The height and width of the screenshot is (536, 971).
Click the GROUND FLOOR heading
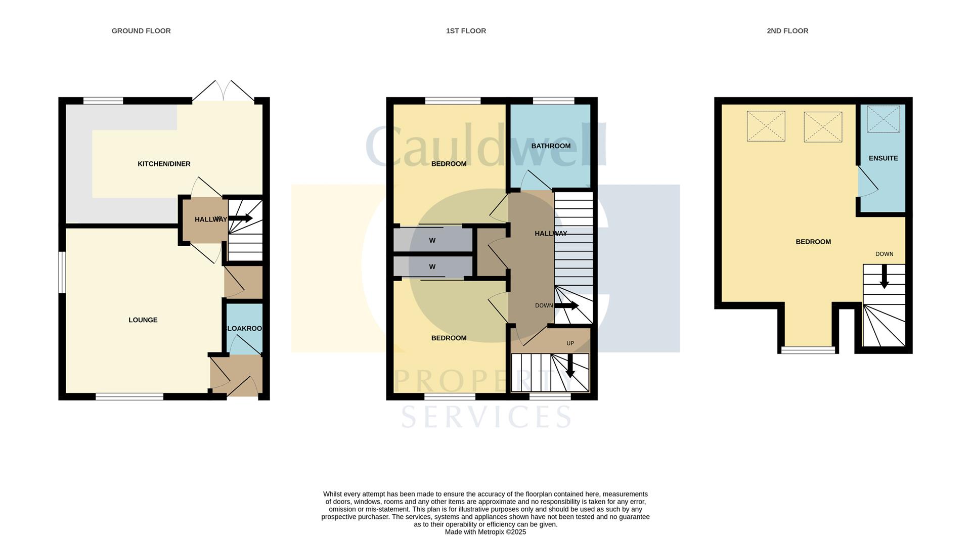pos(141,31)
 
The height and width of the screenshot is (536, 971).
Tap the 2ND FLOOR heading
pos(787,31)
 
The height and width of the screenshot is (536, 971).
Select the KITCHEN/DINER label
pos(164,164)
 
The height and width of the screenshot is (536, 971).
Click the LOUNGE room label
pos(143,320)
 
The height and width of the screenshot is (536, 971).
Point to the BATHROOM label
pos(551,146)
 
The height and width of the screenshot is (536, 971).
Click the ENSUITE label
pos(883,158)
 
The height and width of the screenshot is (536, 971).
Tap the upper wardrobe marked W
pos(432,240)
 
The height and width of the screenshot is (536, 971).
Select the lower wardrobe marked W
pos(432,266)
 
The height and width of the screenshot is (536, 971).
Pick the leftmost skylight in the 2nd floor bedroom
pos(766,126)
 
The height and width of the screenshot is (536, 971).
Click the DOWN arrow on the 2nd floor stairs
pos(884,279)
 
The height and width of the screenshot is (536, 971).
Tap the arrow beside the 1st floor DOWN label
pos(567,305)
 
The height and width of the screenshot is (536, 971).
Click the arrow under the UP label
pos(570,367)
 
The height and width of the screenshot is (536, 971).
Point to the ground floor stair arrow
pos(241,218)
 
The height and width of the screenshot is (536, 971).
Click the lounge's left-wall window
pos(62,272)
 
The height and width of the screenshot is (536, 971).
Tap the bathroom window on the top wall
pos(553,101)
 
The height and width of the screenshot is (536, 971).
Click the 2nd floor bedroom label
pos(813,242)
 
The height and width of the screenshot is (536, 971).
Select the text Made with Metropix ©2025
pos(485,532)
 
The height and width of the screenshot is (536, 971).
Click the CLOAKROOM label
pos(244,328)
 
